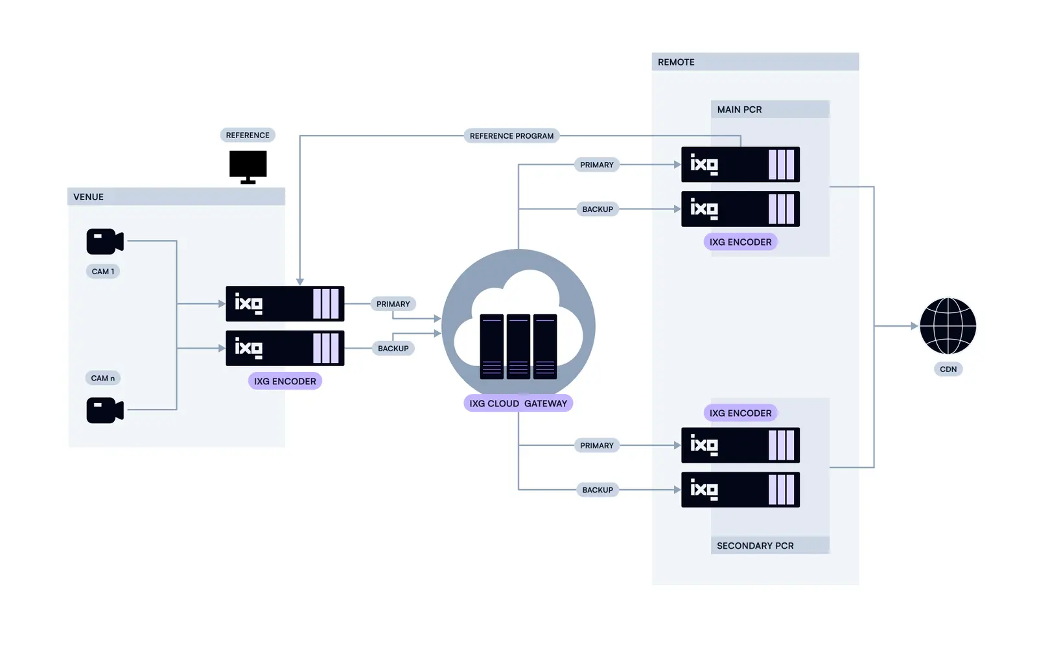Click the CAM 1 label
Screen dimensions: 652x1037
(102, 272)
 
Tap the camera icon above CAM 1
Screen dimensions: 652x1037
(104, 241)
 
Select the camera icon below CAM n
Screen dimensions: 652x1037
(104, 410)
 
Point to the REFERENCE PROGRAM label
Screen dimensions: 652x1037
(511, 136)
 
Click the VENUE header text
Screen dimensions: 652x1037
(88, 197)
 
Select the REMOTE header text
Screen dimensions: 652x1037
(675, 62)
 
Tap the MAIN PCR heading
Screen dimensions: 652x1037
(739, 110)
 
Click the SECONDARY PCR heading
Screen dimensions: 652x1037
(754, 546)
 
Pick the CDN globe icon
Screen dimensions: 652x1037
(948, 326)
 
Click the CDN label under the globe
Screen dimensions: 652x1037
(948, 369)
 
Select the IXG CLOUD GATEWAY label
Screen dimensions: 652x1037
(518, 403)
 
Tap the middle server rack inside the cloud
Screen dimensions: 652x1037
(518, 346)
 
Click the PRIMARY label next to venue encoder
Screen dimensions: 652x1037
(393, 304)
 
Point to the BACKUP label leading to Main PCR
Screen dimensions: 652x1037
(597, 209)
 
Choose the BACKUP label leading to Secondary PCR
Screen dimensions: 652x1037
(597, 490)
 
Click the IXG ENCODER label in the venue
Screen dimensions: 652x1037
(285, 381)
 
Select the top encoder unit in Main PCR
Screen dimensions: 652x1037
(740, 165)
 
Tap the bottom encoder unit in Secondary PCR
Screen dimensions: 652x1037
(740, 489)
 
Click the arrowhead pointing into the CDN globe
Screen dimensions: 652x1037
(915, 326)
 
